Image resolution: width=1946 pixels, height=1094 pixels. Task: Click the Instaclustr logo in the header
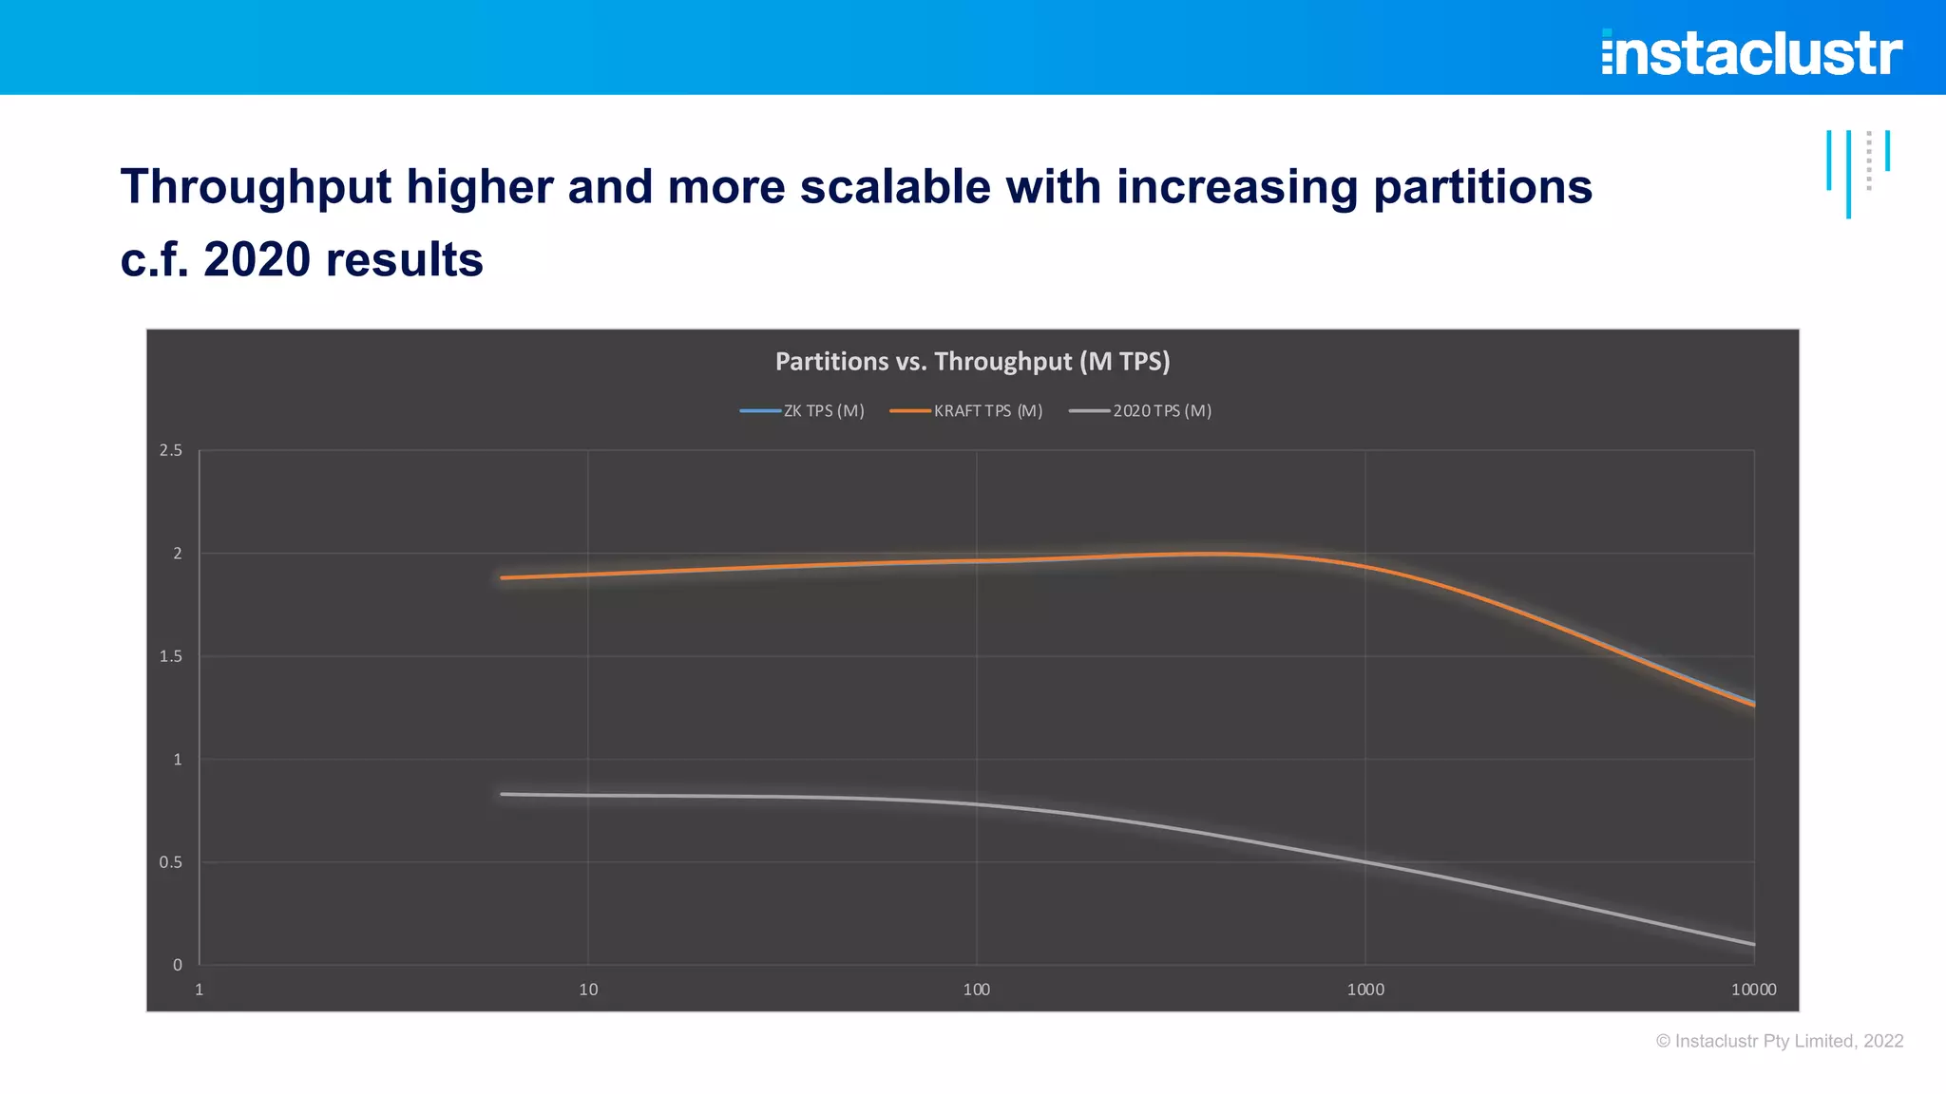tap(1751, 52)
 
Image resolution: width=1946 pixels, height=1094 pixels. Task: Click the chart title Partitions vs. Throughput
tap(972, 362)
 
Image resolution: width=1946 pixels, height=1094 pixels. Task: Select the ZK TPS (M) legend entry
tap(803, 411)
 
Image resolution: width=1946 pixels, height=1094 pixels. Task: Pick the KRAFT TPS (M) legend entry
tap(967, 411)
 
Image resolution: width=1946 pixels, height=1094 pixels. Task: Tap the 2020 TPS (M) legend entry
tap(1141, 411)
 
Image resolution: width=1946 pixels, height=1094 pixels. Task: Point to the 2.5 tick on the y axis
tap(171, 450)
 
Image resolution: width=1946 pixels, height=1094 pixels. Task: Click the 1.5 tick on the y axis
tap(171, 656)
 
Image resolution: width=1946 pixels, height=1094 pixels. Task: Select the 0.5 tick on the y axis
tap(171, 862)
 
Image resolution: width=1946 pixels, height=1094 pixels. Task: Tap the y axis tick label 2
tap(178, 554)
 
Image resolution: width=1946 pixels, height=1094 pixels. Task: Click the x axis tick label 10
tap(588, 990)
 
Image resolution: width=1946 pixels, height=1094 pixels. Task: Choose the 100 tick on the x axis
tap(976, 990)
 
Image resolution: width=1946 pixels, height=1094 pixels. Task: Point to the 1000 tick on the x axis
tap(1365, 990)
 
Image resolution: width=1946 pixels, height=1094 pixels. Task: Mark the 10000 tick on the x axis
tap(1753, 990)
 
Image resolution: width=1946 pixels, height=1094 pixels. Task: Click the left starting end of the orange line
tap(503, 577)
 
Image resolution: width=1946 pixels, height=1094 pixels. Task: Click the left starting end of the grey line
tap(503, 794)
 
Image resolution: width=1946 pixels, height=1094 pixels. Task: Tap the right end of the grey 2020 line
tap(1753, 944)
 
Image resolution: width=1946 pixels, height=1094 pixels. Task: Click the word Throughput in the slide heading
tap(256, 186)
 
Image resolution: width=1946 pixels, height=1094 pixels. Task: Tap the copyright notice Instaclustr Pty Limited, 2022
tap(1779, 1041)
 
